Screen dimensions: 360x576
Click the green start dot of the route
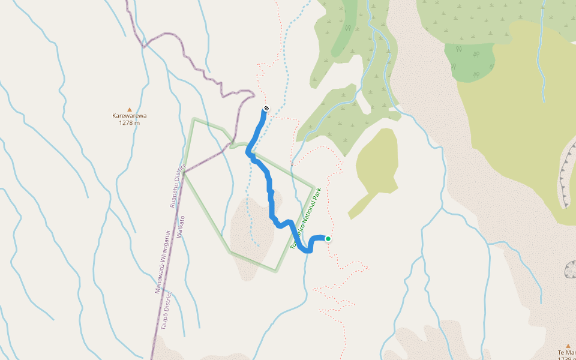pos(328,239)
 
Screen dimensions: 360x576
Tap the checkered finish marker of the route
pos(266,109)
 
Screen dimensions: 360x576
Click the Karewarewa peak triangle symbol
pos(130,109)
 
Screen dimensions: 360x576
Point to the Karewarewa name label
pos(130,116)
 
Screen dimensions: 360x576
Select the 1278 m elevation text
pos(130,123)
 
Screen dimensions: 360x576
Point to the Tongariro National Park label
pos(306,218)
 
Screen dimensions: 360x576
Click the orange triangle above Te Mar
pos(568,346)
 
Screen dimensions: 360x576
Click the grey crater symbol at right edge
pos(571,269)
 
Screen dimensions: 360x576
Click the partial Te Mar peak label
pos(566,353)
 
